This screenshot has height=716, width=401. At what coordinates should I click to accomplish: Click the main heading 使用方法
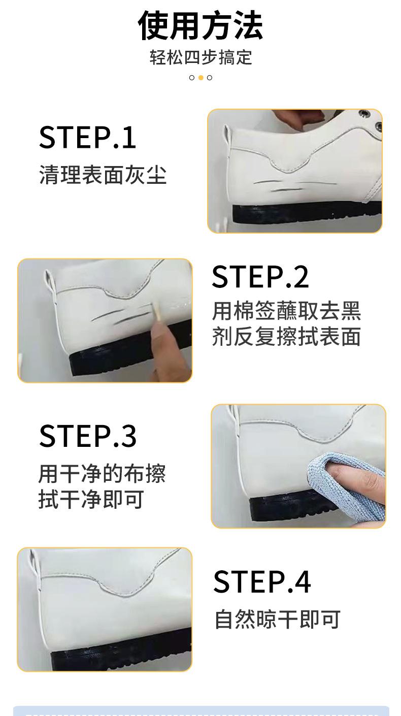pos(201,25)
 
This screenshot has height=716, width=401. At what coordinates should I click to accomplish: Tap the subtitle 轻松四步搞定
pos(201,57)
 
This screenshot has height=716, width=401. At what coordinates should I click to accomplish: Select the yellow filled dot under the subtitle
pos(201,78)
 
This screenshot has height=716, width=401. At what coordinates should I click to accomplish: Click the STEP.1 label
pos(87,137)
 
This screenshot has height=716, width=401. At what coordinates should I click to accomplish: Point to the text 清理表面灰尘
pos(103,175)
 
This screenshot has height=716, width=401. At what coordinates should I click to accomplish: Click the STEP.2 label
pos(260,277)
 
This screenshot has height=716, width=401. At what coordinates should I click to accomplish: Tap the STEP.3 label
pos(87,436)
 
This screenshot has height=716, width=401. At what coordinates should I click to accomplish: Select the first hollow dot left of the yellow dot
pos(192,78)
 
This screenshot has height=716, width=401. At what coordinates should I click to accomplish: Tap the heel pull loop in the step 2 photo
pos(50,281)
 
